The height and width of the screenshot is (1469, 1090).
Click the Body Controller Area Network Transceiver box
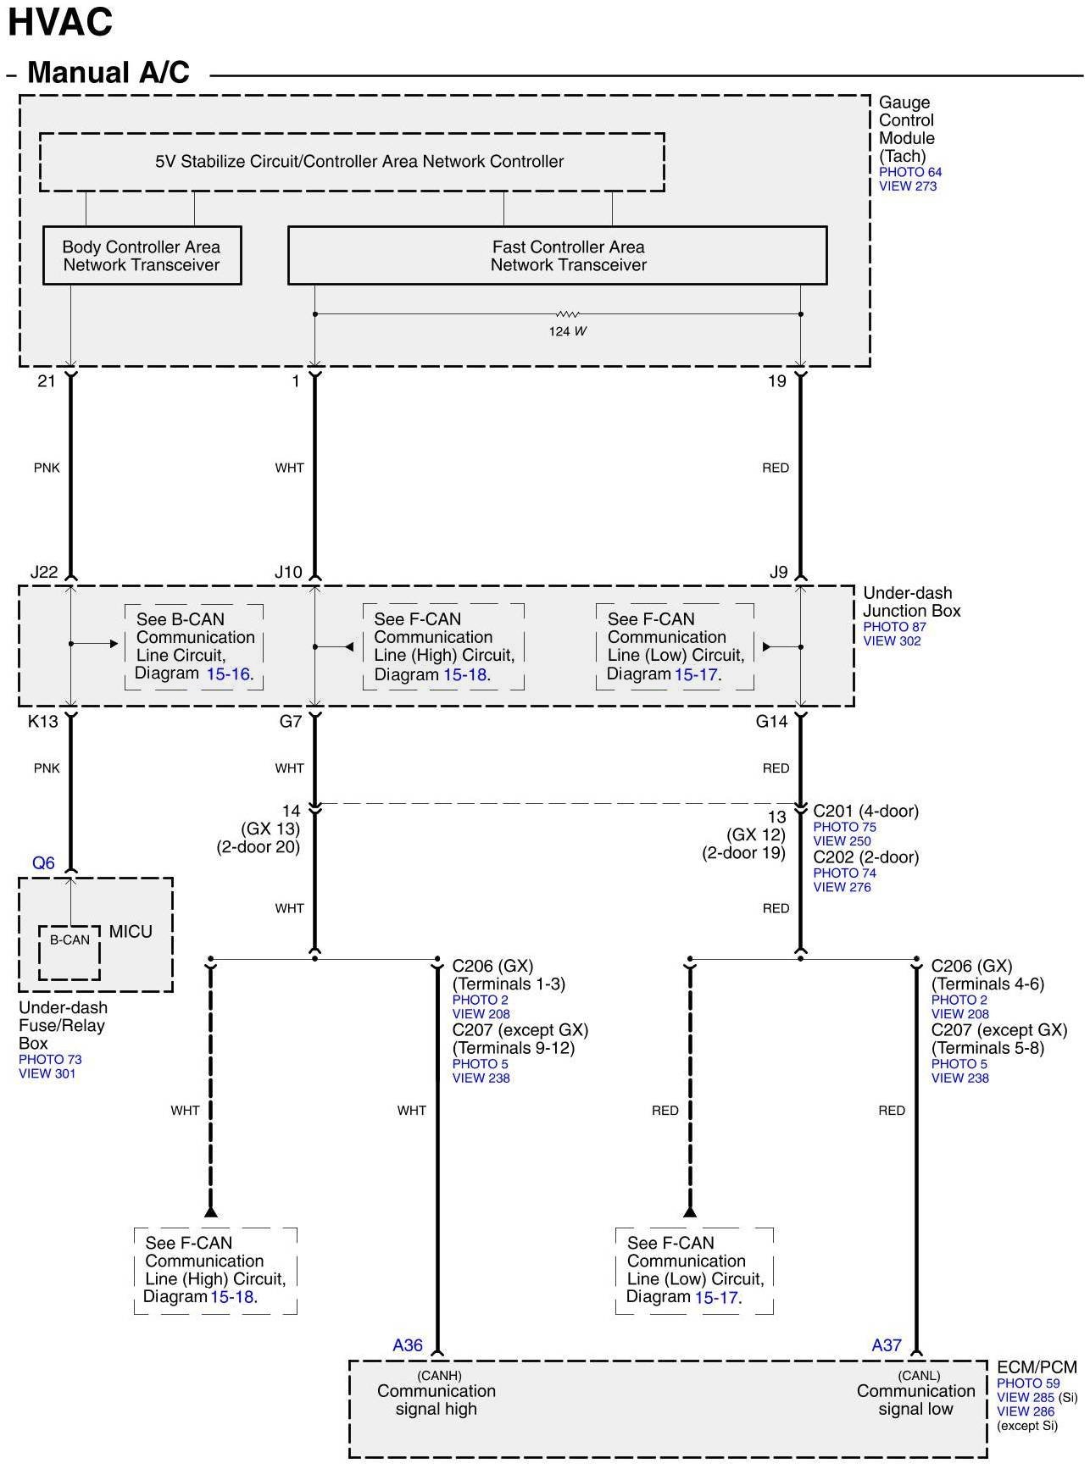(x=142, y=255)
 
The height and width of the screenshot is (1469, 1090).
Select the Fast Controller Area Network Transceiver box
(x=557, y=255)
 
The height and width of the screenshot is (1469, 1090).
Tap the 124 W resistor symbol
(x=567, y=314)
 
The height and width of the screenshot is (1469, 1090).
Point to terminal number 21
(x=47, y=381)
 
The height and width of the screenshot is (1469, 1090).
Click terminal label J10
(x=288, y=573)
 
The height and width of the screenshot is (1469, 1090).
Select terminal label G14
(x=771, y=722)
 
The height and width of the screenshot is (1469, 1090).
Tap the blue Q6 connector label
(x=43, y=863)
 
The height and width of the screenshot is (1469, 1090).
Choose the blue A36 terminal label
(x=408, y=1345)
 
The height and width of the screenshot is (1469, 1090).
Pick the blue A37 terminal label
(x=887, y=1345)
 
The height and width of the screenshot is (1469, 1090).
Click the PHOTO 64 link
(x=909, y=172)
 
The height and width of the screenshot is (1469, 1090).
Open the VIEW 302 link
(x=892, y=641)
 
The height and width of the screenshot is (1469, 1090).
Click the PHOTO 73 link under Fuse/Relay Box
(x=50, y=1060)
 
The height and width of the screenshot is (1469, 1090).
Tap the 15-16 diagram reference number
(x=228, y=674)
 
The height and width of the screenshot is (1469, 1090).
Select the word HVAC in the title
(x=60, y=23)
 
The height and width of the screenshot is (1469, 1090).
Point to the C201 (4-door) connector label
(x=865, y=812)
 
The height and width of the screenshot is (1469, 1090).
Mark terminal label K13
(x=43, y=722)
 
